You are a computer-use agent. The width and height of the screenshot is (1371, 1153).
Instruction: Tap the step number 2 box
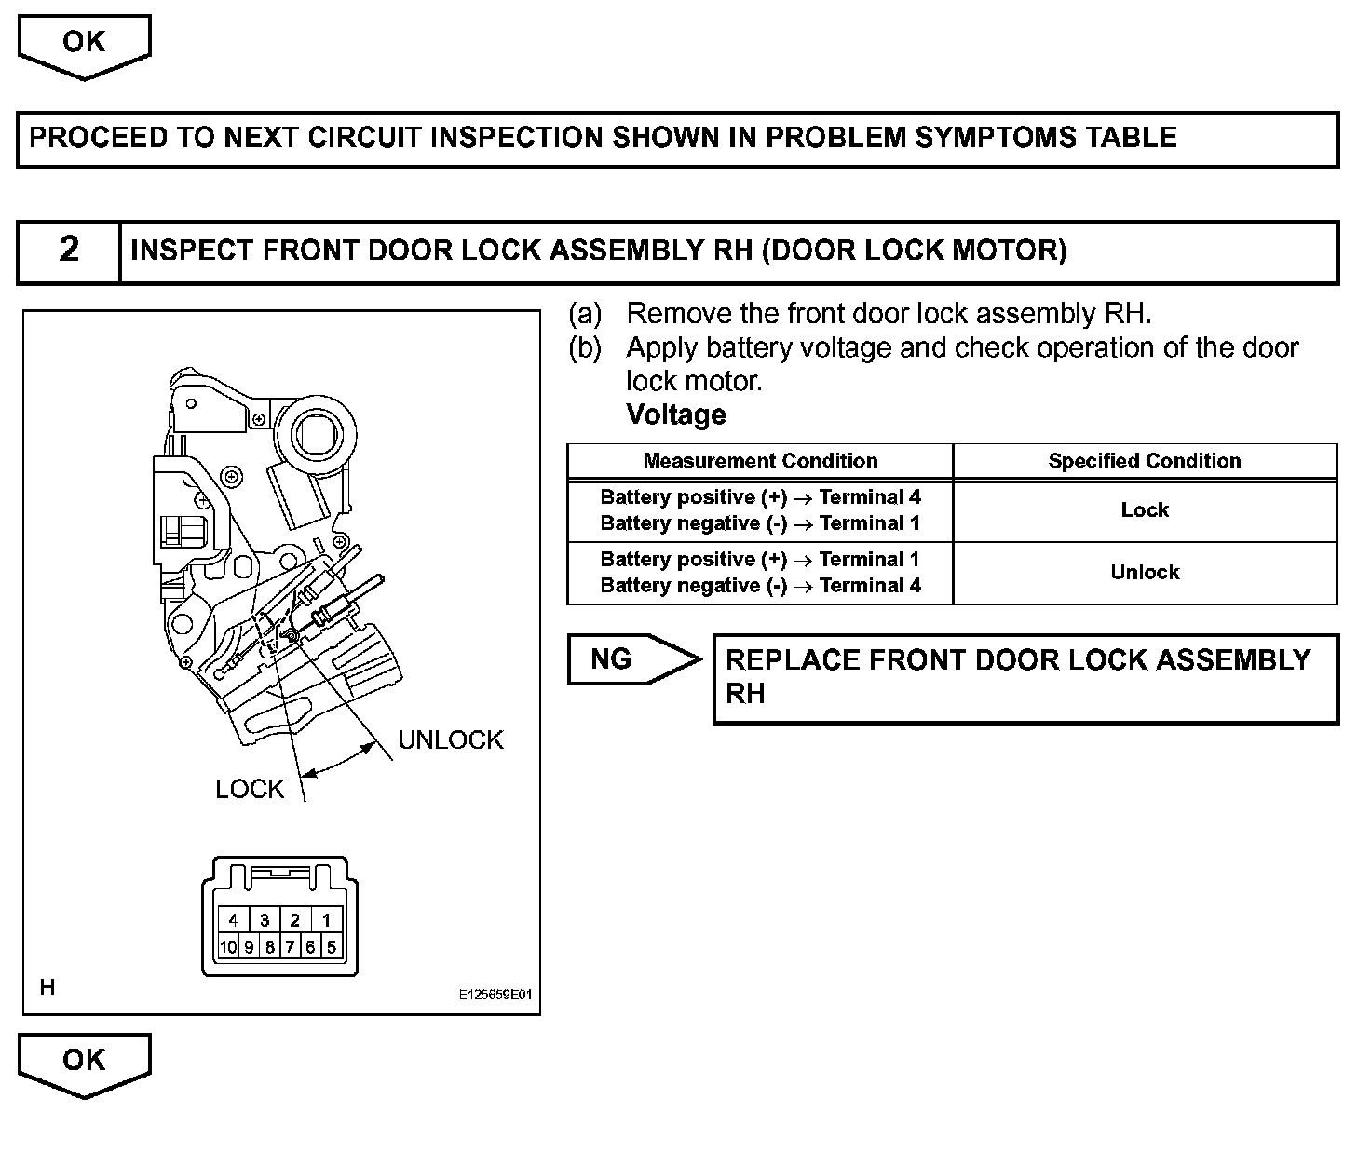(69, 251)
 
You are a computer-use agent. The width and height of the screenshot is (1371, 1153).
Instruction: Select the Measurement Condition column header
(760, 461)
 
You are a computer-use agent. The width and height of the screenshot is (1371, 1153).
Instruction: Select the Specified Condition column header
(1145, 461)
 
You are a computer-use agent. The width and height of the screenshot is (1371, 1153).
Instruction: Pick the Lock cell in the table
(1145, 510)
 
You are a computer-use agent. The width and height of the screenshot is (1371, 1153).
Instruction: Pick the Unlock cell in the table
(1145, 573)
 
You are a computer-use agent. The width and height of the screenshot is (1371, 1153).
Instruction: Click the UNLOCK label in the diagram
(451, 740)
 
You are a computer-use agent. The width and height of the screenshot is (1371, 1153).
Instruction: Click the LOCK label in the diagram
(250, 790)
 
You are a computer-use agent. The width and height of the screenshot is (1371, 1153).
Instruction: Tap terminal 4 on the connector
(233, 921)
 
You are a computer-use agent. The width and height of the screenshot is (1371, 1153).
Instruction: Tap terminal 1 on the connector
(326, 921)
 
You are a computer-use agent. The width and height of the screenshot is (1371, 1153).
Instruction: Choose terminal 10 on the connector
(228, 948)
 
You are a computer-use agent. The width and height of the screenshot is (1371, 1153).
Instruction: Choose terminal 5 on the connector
(332, 948)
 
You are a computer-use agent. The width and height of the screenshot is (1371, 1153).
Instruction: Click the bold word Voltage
(676, 414)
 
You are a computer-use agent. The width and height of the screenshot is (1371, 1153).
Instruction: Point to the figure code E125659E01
(495, 995)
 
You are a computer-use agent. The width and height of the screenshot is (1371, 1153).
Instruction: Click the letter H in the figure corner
(48, 987)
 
